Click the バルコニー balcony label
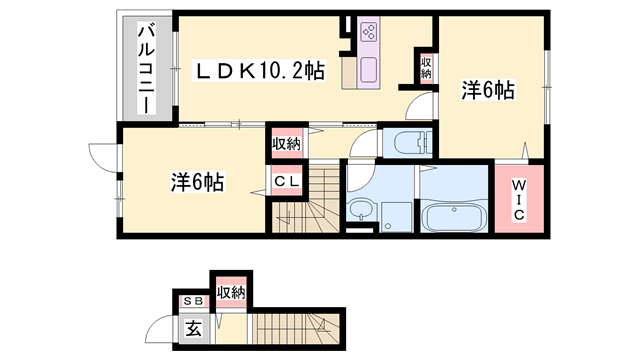coord(145,66)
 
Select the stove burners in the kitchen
coord(367,34)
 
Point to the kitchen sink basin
coord(366,71)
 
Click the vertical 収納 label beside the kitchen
coord(426,68)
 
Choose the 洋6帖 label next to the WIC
coord(487,91)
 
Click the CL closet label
coord(285,181)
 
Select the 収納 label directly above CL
coord(285,143)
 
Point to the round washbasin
coord(359,210)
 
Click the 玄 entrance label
coord(191,325)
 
